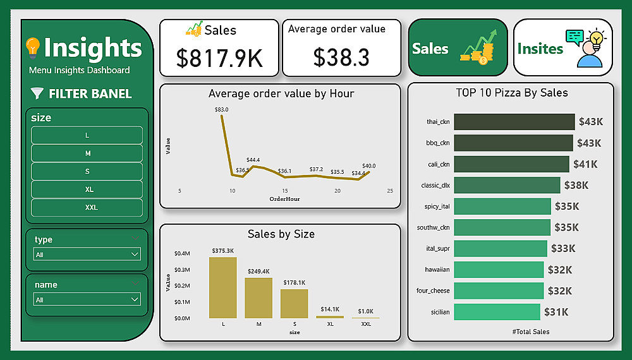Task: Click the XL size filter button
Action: tap(87, 189)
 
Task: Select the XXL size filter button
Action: tap(87, 207)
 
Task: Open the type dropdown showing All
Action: tap(87, 255)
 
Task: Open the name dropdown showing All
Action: tap(87, 299)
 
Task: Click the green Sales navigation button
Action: tap(458, 48)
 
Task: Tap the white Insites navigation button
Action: tap(562, 48)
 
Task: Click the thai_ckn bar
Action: tap(514, 122)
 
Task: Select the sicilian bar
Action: tap(497, 312)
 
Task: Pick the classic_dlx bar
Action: tap(507, 185)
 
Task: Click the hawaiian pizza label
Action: tap(437, 270)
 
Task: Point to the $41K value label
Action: tap(585, 164)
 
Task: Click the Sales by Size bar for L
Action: tap(223, 287)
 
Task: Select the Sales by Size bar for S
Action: tap(294, 303)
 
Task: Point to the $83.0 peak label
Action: tap(221, 109)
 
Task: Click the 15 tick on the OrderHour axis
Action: tap(285, 191)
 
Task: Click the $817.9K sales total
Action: tap(219, 58)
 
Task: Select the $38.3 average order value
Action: tap(341, 58)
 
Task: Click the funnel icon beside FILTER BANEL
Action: tap(37, 94)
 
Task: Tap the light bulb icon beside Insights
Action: tap(33, 47)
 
